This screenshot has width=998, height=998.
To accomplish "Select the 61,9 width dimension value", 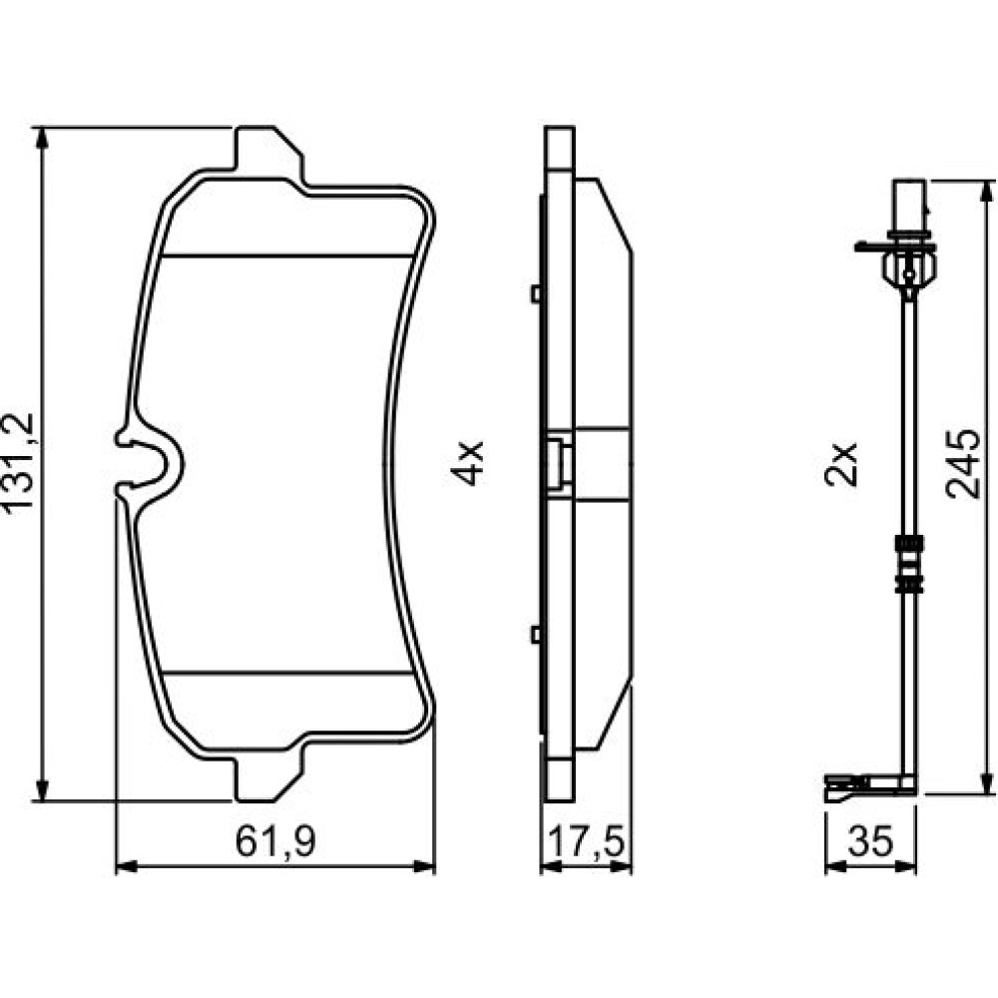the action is pos(275,840).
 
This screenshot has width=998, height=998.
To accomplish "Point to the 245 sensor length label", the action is pos(961,463).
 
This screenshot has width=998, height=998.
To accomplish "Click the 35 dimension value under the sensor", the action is pos(870,840).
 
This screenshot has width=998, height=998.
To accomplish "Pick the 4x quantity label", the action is pos(468,463).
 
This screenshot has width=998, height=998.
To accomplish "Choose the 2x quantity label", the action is pos(840,464).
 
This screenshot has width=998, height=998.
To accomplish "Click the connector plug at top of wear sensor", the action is pos(909,210).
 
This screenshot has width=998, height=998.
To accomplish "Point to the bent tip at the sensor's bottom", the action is pos(846,788).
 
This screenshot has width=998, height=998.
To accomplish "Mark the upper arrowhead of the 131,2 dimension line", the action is pos(42,138).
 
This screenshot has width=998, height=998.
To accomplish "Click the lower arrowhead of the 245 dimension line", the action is pos(988,783).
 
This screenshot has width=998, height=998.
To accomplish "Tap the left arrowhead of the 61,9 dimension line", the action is pos(127,866).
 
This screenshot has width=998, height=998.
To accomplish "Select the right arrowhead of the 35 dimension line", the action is pos(906,866).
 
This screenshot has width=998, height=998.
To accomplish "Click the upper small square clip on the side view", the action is pos(536,293).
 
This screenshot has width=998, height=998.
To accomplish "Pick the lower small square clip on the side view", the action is pos(536,634).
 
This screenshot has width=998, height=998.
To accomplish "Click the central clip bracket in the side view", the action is pos(558,463).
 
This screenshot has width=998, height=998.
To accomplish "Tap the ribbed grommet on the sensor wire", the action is pos(909,561).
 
